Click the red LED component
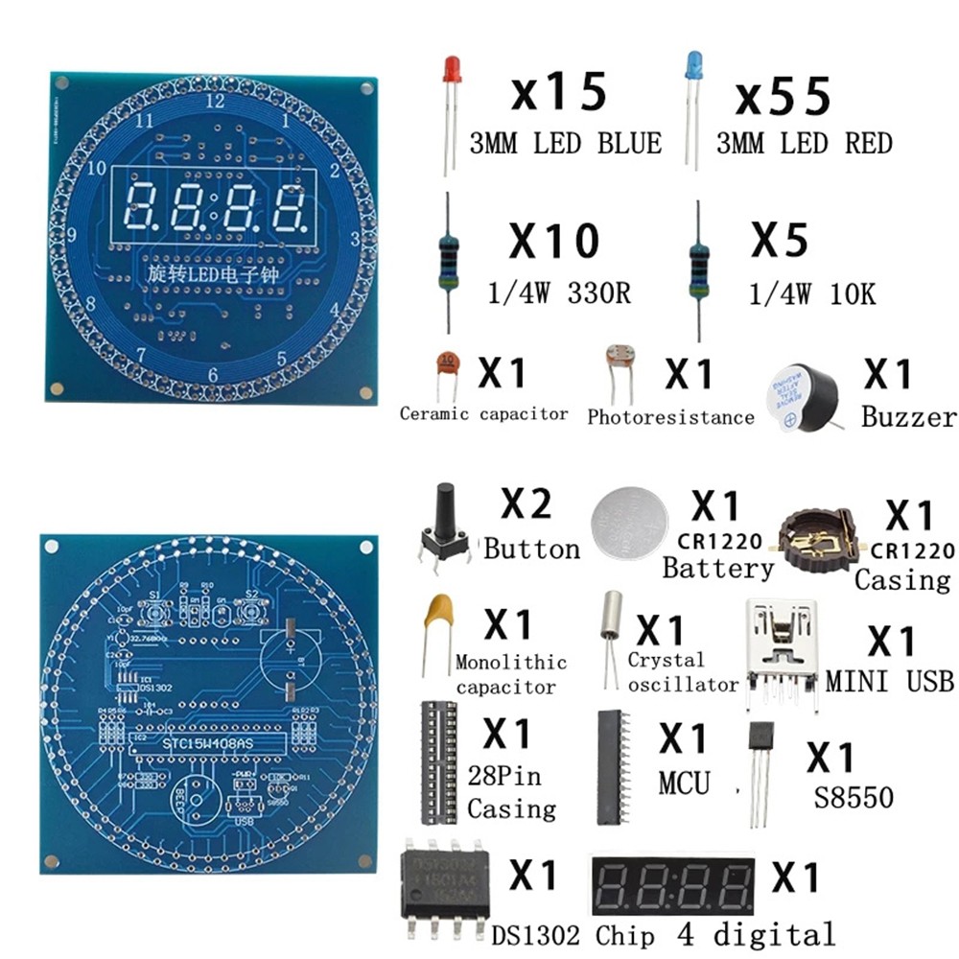coord(451,72)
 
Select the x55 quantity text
coord(782,97)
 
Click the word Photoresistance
coord(670,417)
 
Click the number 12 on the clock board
coord(215,100)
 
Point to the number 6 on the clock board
coord(214,375)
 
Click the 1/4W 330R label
coord(550,292)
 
